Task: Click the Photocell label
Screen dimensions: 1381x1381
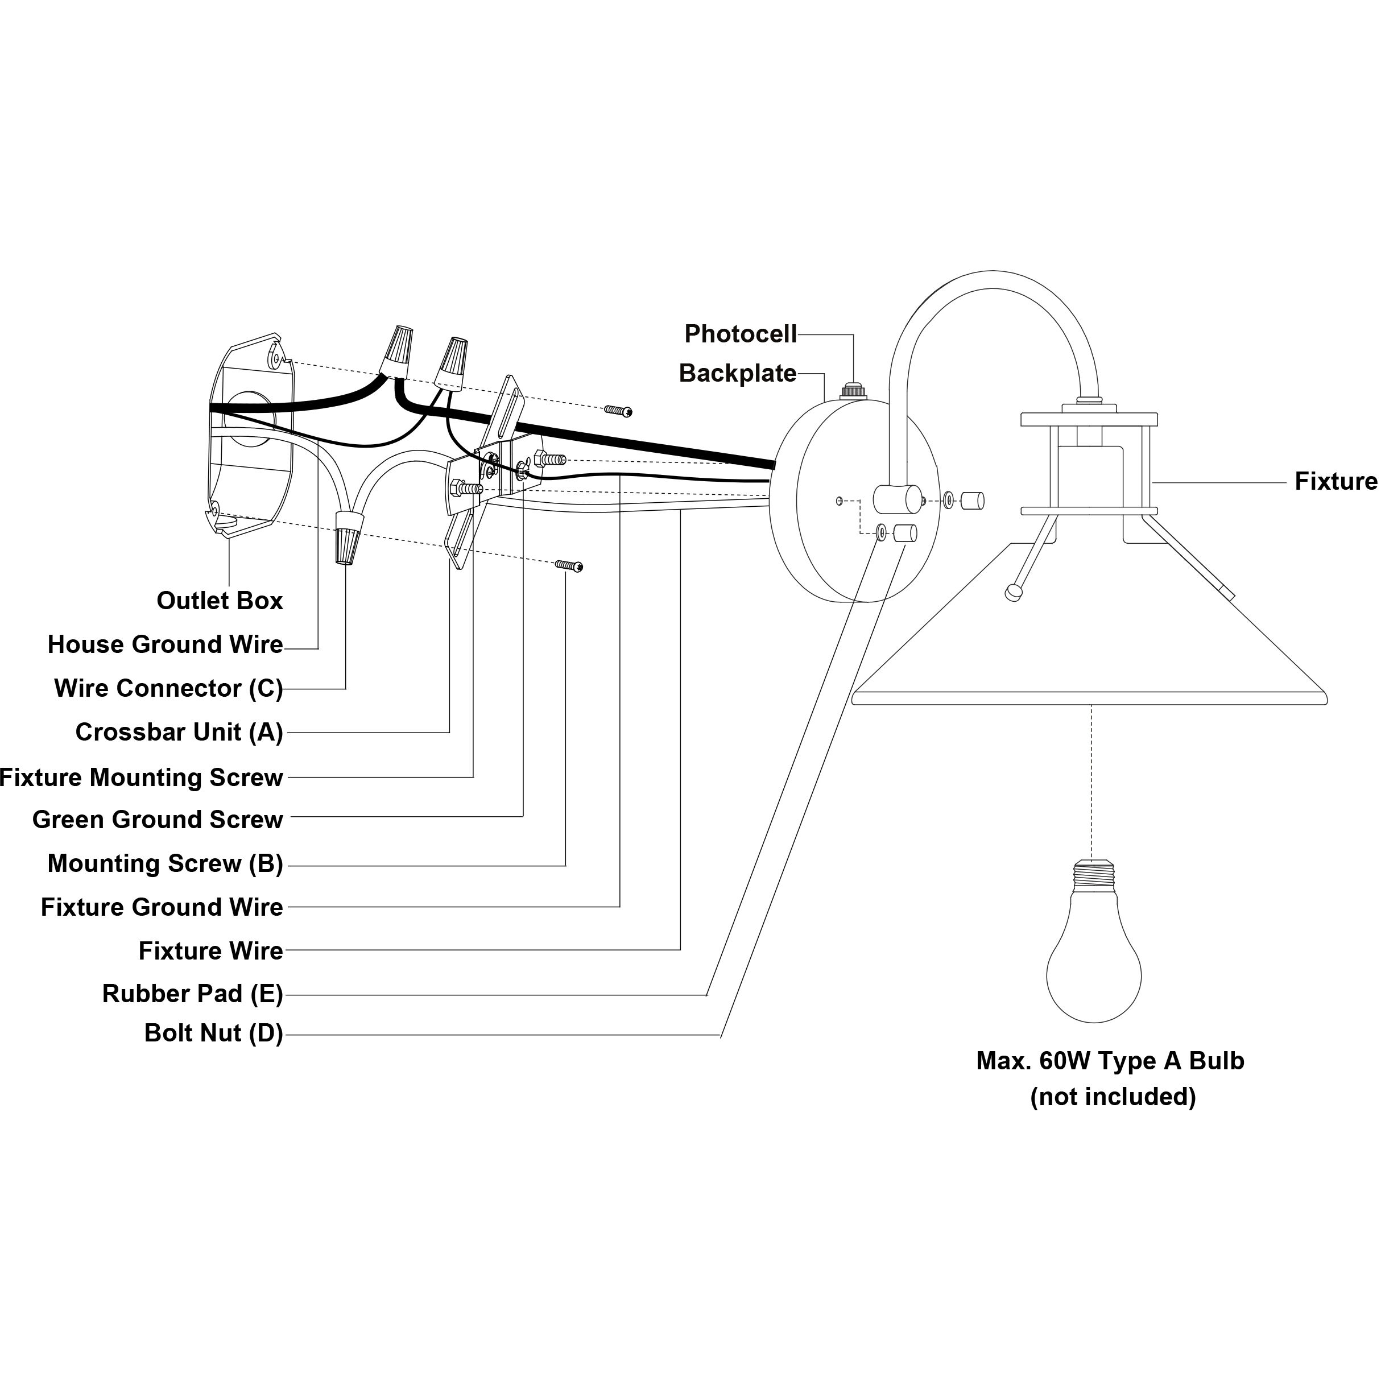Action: [740, 334]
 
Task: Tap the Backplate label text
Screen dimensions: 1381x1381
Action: [737, 373]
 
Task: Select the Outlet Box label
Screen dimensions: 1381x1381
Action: [220, 601]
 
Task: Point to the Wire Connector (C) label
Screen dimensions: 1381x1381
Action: [169, 688]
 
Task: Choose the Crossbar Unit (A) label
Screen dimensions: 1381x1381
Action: [179, 733]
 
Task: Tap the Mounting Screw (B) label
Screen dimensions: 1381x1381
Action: [165, 863]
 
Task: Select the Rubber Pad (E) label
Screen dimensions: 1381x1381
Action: [192, 994]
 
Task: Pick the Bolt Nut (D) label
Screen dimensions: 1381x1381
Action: [214, 1033]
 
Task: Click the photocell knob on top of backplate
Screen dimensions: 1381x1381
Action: [852, 390]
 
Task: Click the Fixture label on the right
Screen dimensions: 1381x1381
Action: [1335, 482]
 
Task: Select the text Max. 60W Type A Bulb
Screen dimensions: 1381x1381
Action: [1110, 1061]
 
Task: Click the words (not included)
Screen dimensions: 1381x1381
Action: [1112, 1097]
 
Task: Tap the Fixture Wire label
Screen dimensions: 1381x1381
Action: [211, 950]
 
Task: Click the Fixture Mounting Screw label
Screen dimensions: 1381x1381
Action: [142, 778]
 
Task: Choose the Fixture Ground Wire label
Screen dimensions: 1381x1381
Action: [162, 907]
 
